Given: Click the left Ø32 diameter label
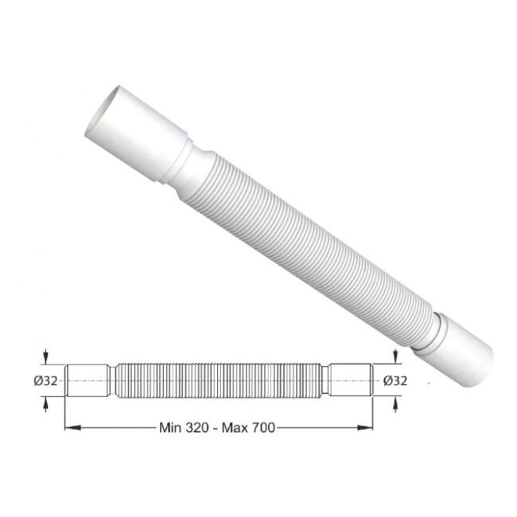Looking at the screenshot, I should (x=45, y=380).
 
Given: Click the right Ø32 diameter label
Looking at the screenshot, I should (x=395, y=380).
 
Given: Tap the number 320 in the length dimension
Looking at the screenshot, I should (x=195, y=428).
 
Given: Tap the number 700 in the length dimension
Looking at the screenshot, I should (x=259, y=428).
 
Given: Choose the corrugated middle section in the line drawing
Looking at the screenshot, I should (x=219, y=380).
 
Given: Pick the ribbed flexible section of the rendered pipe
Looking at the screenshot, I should (x=310, y=247).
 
